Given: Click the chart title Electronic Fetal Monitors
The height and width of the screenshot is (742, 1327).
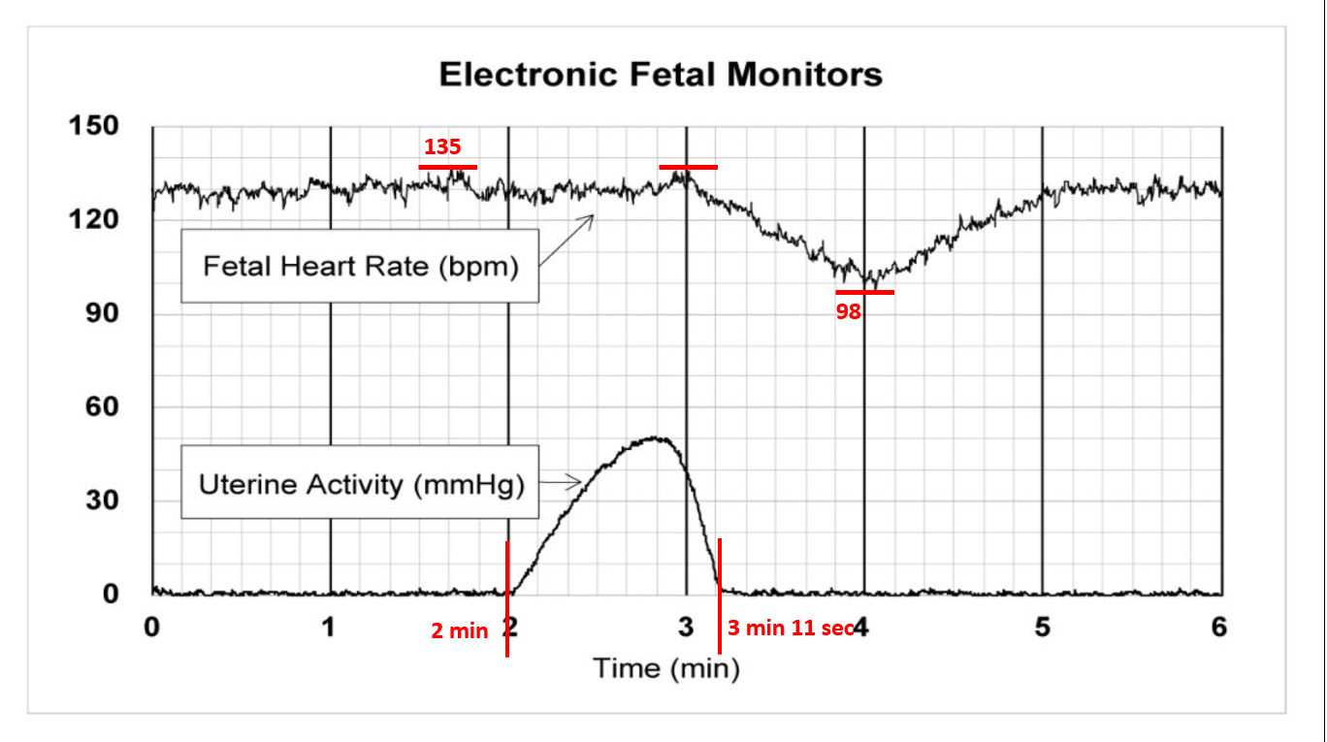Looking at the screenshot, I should point(661,75).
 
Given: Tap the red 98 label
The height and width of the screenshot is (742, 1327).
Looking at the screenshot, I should point(849,313).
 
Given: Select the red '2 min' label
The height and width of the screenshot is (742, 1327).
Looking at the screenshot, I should point(459,631).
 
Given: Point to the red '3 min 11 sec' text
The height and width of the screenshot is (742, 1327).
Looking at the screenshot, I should point(791,629).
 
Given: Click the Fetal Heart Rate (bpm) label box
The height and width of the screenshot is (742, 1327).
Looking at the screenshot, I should point(360,266).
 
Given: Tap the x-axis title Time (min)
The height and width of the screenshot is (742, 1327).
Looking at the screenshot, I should point(665,668).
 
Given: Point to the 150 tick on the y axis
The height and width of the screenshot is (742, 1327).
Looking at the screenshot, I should point(92,126).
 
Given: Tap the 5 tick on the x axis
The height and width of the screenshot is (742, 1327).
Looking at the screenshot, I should point(1042,628).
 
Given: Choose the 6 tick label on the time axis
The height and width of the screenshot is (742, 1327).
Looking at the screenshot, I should point(1219,628).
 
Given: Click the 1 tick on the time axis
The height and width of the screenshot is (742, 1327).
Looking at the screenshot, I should point(330,628).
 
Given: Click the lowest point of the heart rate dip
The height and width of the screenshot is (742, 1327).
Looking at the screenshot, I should point(870,284).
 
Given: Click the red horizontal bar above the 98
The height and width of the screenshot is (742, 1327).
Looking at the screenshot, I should point(864,292).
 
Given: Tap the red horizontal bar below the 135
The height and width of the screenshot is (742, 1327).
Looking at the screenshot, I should point(447,167).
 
